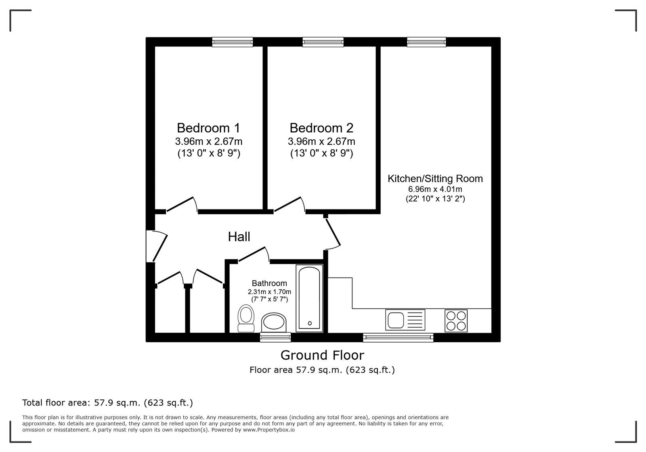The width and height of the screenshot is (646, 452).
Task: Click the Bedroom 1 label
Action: [x=208, y=128]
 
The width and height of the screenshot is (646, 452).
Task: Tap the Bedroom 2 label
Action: [x=321, y=128]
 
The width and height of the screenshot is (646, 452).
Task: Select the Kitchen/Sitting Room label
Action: [x=435, y=179]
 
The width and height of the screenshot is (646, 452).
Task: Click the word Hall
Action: [x=239, y=237]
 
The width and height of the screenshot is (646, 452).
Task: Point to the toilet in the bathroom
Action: [x=245, y=318]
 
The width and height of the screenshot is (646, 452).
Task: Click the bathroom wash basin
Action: [x=274, y=322]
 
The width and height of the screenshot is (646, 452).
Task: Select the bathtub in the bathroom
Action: [x=309, y=298]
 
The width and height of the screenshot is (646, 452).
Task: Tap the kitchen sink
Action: [x=405, y=320]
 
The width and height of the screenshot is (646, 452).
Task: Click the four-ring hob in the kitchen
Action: [x=456, y=321]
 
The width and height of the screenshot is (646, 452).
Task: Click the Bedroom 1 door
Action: [x=182, y=204]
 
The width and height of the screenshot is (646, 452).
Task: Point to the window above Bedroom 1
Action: [x=233, y=42]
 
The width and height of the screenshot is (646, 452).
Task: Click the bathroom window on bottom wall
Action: [x=275, y=337]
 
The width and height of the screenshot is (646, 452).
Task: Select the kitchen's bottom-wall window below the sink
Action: [x=398, y=337]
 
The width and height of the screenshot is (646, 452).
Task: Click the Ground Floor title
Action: [x=322, y=355]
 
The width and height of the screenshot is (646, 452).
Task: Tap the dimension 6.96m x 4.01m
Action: [x=435, y=189]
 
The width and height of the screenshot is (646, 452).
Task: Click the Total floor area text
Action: [x=107, y=403]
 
